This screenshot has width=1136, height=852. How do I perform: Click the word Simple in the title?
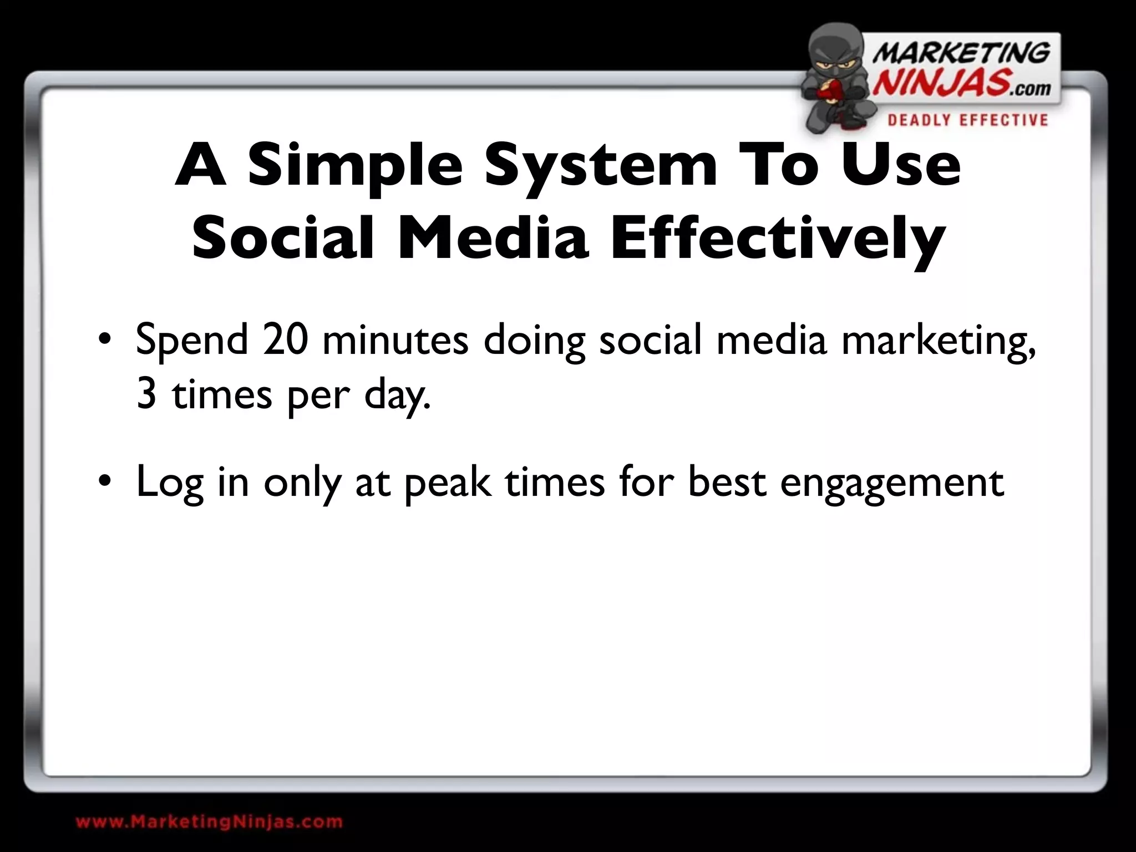click(x=355, y=165)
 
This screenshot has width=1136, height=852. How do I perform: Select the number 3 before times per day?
click(x=146, y=395)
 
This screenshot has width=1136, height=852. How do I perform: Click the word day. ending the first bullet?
click(x=397, y=396)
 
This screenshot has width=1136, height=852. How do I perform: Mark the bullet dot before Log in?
click(x=103, y=482)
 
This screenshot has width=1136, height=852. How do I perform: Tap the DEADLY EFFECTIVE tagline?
click(x=967, y=120)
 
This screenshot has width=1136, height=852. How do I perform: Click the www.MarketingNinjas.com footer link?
click(x=209, y=821)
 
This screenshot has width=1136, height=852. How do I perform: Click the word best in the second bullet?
click(x=727, y=481)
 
